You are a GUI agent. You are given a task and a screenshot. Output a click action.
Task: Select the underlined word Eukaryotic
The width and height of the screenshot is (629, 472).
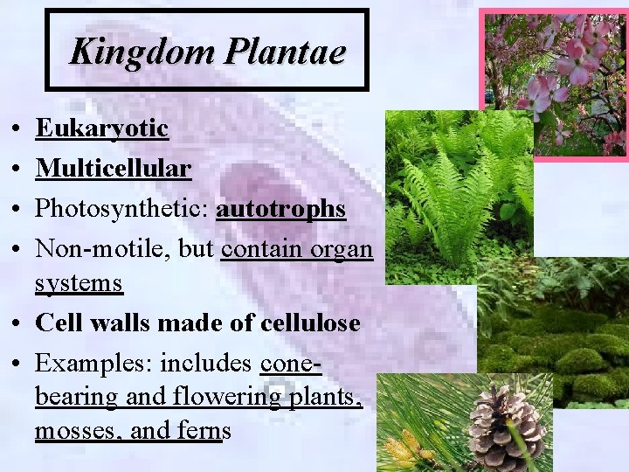point(101,128)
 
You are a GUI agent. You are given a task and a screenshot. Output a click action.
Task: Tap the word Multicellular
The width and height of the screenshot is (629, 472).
point(113,168)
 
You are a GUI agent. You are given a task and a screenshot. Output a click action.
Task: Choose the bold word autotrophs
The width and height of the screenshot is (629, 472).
point(281,210)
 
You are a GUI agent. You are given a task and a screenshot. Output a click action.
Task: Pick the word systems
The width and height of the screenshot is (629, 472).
point(79,284)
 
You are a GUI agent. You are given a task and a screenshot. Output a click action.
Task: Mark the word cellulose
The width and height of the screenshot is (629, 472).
point(310,323)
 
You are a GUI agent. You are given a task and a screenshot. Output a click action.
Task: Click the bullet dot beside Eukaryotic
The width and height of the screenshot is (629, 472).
point(18,130)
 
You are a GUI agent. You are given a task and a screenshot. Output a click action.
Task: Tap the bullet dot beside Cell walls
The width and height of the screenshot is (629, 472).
point(18,324)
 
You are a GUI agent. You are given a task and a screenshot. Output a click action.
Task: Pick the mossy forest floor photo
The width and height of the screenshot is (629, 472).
point(559,332)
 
